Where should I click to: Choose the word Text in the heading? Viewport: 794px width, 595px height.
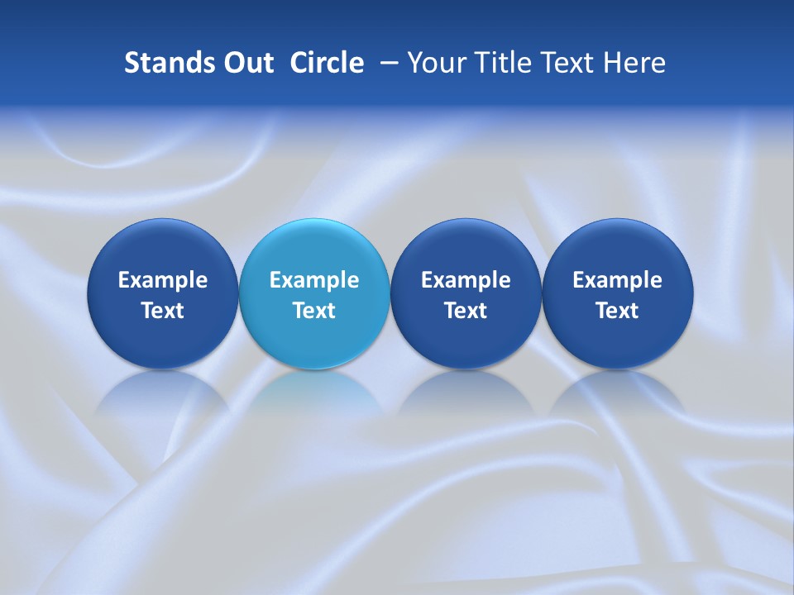(572, 63)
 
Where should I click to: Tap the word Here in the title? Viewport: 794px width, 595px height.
(636, 63)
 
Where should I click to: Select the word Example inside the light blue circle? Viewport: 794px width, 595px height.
(314, 280)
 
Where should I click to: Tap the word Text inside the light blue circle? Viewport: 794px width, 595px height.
(314, 311)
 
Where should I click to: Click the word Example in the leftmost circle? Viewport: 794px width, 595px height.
(163, 280)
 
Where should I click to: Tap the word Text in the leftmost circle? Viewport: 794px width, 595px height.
(163, 311)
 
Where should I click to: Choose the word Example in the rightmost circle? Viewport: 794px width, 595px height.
(618, 280)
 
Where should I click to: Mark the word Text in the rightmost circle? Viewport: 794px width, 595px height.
(618, 311)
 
